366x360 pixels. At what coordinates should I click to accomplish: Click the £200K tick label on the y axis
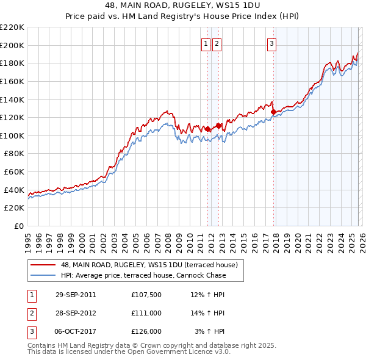pos(12,45)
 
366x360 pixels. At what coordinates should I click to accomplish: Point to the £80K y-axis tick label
pos(14,154)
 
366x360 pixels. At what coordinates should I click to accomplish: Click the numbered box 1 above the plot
pos(206,43)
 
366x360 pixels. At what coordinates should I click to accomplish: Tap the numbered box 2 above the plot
pos(217,43)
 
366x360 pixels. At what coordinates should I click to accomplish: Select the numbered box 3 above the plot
pos(271,43)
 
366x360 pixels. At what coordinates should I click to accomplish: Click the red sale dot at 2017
pos(273,112)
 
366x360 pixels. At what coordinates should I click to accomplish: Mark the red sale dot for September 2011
pos(208,129)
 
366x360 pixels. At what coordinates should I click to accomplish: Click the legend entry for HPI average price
pos(143,275)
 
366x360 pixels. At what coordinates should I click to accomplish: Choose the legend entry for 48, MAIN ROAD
pos(152,265)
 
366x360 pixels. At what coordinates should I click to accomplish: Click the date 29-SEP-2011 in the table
pos(76,295)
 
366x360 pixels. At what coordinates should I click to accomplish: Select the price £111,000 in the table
pos(146,313)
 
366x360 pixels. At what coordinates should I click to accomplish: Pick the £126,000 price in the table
pos(146,331)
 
